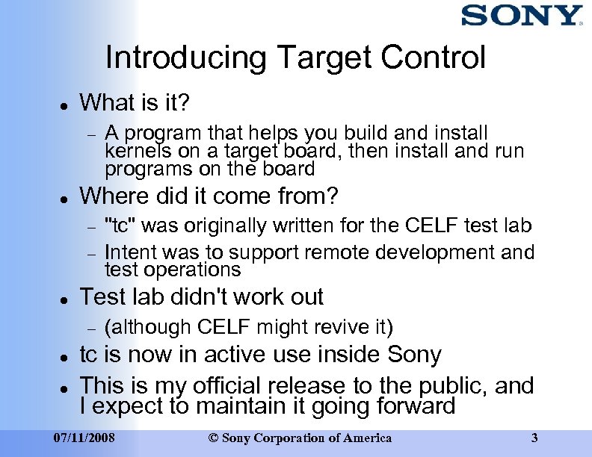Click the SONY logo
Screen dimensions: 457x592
tap(521, 16)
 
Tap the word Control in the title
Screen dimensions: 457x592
tap(434, 58)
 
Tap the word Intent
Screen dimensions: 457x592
tap(129, 252)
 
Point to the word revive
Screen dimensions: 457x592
tap(348, 327)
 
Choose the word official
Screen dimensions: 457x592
tap(232, 386)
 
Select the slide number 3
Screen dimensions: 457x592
tap(534, 438)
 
